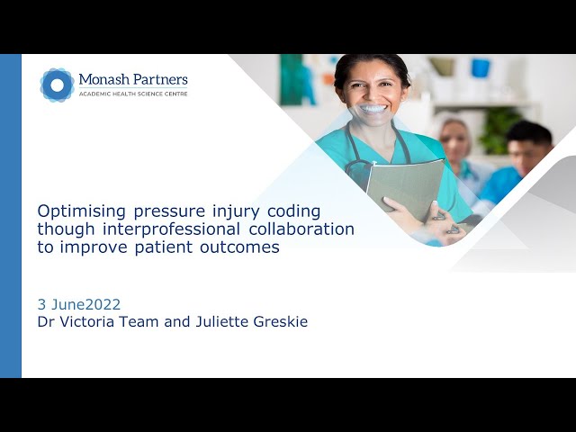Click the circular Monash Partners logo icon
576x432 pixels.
(x=57, y=84)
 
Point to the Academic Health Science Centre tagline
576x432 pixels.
(x=132, y=94)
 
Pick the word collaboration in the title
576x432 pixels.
(x=299, y=229)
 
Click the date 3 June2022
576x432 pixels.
(x=79, y=304)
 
